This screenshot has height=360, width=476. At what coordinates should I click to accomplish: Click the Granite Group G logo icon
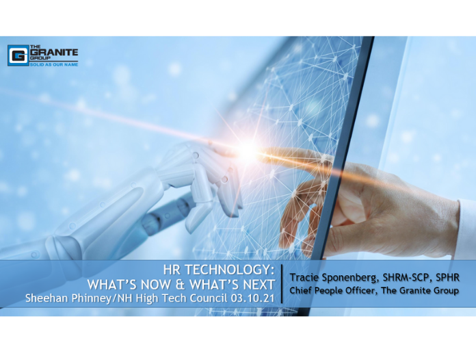[18, 55]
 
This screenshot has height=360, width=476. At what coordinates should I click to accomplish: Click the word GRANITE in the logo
[54, 52]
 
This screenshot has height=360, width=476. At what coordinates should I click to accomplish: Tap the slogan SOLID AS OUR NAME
[54, 64]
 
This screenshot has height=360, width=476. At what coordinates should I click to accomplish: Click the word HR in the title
[172, 270]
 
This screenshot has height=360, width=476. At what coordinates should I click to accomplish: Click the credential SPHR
[448, 277]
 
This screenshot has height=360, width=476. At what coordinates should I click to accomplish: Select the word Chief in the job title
[299, 290]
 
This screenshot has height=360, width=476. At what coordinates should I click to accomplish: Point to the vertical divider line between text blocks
[282, 284]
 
